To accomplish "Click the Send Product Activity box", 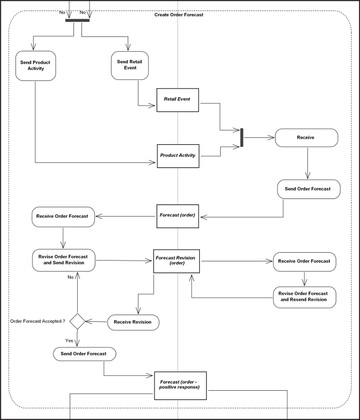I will pos(36,66).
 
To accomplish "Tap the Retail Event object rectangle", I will pos(178,100).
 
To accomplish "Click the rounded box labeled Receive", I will pos(306,138).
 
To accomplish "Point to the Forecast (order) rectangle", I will pos(178,215).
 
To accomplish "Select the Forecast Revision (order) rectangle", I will pos(176,260).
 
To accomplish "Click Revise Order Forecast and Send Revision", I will pos(63,260).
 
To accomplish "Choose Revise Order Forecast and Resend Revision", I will pos(304,297).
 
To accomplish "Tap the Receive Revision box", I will pos(133,322).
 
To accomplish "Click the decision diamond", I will pos(77,321).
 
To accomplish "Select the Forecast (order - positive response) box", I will pos(180,385).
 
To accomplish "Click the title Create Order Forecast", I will pos(179,15).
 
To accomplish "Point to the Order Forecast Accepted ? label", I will pos(37,321).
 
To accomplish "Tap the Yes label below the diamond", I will pos(70,340).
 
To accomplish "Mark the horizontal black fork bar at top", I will pos(77,20).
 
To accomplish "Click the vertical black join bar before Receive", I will pos(241,138).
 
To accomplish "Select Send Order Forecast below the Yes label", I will pos(84,354).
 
